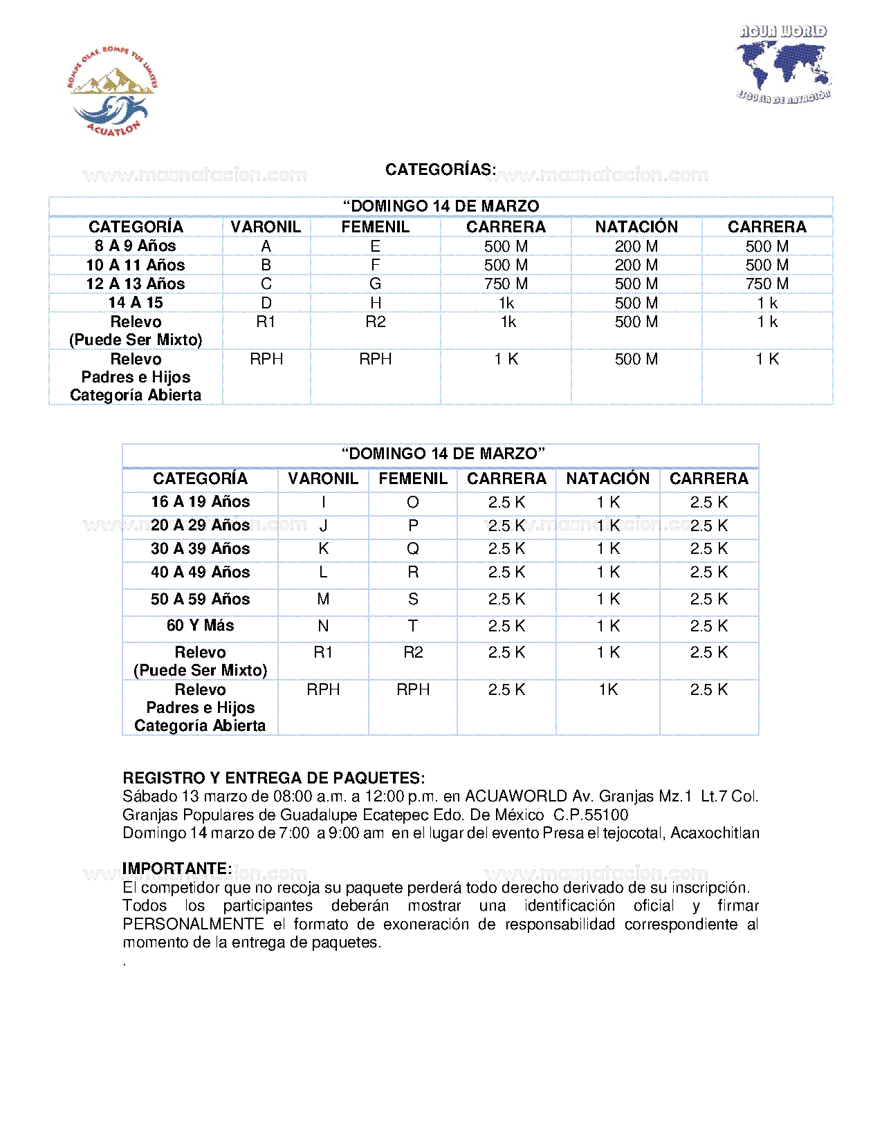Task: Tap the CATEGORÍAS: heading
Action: [441, 169]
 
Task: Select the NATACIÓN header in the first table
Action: [636, 227]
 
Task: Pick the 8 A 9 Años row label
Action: [136, 246]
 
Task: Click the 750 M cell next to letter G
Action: [506, 284]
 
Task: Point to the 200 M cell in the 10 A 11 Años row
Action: [636, 266]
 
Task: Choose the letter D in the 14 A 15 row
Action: [266, 303]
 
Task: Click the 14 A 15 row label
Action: [136, 303]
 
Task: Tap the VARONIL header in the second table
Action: [323, 479]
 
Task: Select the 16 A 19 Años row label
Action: [200, 502]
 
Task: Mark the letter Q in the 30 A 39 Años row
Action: [413, 549]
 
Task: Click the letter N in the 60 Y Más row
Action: [323, 626]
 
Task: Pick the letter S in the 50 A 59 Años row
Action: [413, 600]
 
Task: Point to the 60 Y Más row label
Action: [200, 626]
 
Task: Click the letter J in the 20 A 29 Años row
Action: [323, 526]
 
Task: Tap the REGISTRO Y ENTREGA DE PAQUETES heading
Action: [274, 778]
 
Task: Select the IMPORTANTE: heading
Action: [177, 869]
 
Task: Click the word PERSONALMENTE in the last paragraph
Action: [193, 925]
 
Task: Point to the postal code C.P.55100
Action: [591, 815]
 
